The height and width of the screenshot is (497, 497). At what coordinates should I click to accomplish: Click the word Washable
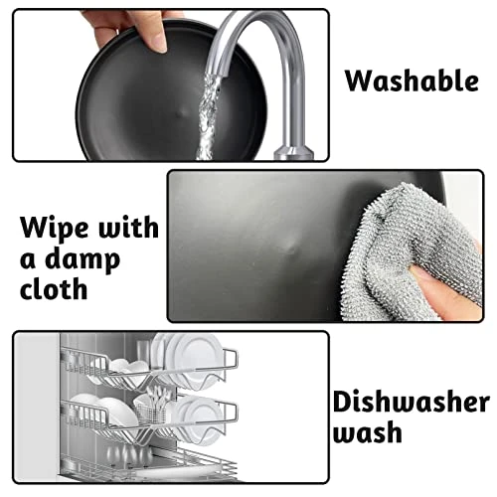click(x=412, y=81)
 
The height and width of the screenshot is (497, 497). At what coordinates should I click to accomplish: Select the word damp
click(x=83, y=259)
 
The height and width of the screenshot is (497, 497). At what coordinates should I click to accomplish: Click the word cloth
click(x=54, y=288)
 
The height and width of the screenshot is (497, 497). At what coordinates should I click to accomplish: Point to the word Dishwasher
click(x=412, y=402)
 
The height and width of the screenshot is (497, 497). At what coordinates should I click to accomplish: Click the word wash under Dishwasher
click(x=368, y=431)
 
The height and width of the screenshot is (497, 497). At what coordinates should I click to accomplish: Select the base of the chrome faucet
click(x=294, y=152)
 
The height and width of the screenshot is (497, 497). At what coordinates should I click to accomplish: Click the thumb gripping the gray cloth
click(x=440, y=291)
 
